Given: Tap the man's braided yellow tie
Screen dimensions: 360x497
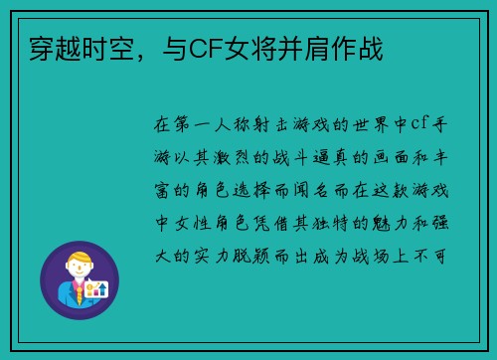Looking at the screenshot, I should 76,297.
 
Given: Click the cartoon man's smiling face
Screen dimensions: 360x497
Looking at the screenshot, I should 76,270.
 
